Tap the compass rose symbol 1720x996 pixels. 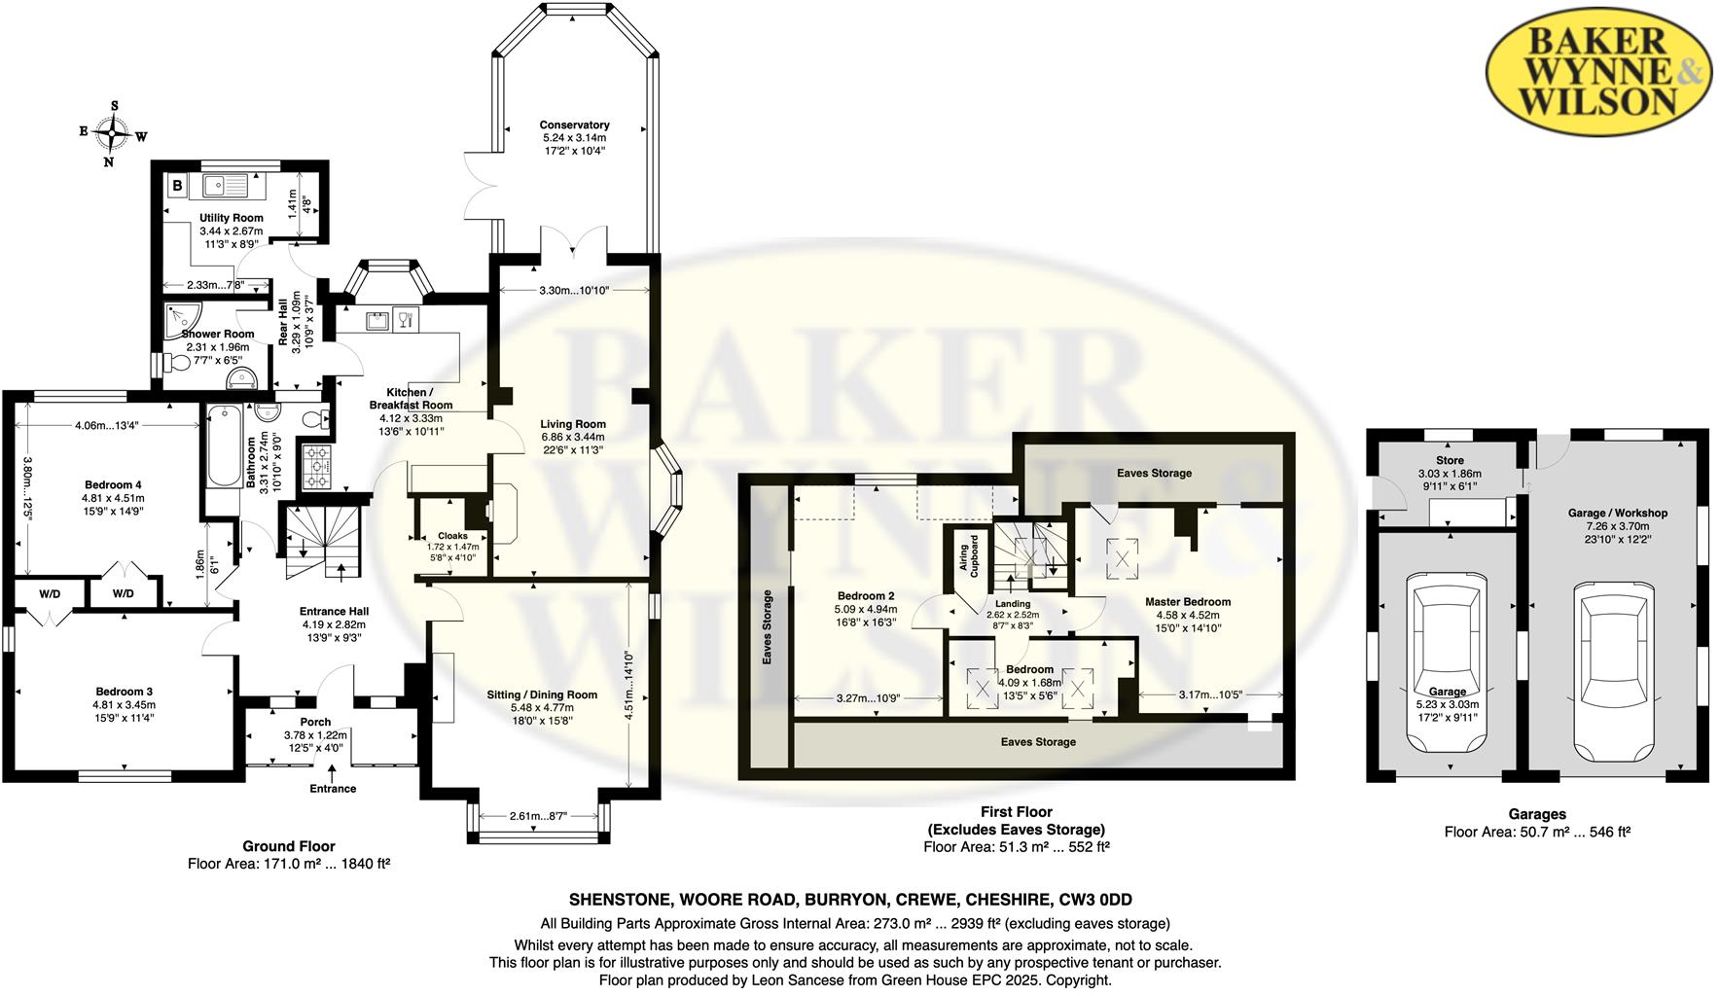tap(114, 133)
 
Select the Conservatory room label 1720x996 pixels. tap(574, 124)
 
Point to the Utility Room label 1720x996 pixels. tap(231, 218)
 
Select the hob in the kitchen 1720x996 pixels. tap(317, 466)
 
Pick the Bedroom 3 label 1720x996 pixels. tap(124, 692)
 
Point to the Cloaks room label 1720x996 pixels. tap(452, 536)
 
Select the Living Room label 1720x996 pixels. tap(573, 424)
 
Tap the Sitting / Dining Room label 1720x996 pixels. tap(542, 694)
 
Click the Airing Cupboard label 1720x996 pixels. tap(970, 555)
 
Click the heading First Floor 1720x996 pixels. tap(1016, 811)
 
